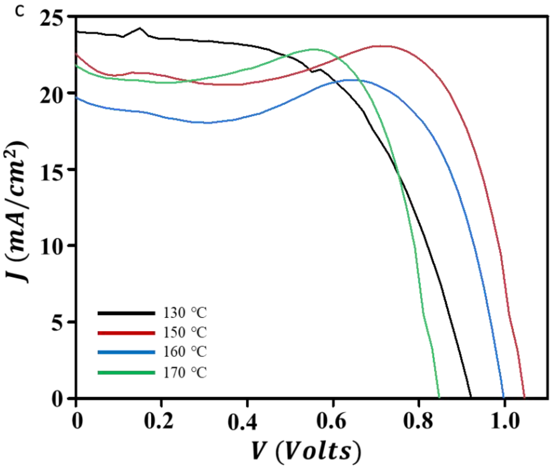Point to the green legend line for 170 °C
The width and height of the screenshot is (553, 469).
(126, 373)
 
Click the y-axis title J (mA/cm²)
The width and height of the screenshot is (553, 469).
(16, 213)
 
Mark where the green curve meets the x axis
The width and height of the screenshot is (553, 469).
(439, 398)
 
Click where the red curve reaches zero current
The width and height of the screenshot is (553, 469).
(524, 398)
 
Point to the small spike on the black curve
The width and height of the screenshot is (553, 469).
(140, 28)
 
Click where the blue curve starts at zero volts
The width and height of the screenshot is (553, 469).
(77, 97)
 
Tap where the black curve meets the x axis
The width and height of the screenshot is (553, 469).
(471, 398)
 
